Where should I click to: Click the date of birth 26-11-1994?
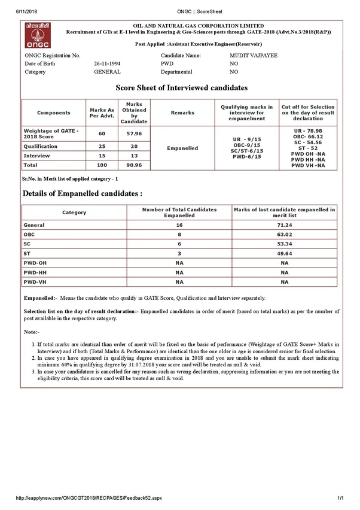pyautogui.click(x=108, y=63)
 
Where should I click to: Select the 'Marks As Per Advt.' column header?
pyautogui.click(x=102, y=113)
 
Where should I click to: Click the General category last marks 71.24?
pyautogui.click(x=284, y=224)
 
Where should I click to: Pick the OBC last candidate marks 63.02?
pyautogui.click(x=284, y=234)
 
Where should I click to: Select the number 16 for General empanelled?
pyautogui.click(x=179, y=224)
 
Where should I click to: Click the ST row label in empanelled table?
pyautogui.click(x=27, y=253)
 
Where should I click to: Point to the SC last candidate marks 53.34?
pyautogui.click(x=284, y=244)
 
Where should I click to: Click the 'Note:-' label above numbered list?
pyautogui.click(x=31, y=331)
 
